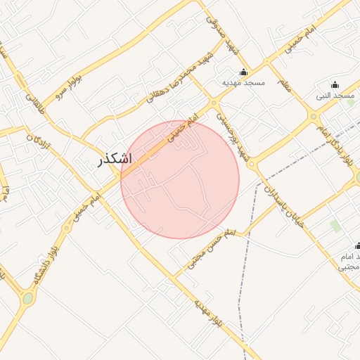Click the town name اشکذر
tap(114, 160)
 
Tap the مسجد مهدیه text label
tap(243, 82)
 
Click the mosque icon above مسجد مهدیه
tap(244, 72)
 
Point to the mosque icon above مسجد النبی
tap(335, 84)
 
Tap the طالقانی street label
tap(34, 100)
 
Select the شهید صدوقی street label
tap(224, 34)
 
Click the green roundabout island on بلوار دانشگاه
tap(27, 299)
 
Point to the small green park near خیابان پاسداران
tap(335, 226)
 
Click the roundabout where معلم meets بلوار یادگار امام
tap(314, 117)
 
